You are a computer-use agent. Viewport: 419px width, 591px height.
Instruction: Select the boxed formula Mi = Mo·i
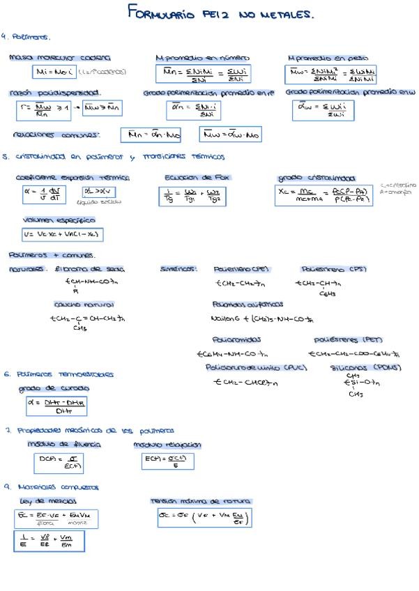point(54,72)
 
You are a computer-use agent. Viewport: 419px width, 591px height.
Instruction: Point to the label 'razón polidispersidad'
point(55,93)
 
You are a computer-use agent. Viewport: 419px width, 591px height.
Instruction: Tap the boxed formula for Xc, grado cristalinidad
point(323,195)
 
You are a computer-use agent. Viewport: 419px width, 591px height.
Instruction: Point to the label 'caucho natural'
point(84,305)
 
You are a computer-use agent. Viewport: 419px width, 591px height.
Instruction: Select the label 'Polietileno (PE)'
point(241,269)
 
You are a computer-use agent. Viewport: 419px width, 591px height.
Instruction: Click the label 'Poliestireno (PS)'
point(333,269)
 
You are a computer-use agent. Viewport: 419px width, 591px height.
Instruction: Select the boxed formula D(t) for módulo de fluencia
point(58,463)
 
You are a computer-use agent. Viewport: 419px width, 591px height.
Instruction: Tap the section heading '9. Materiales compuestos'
point(52,486)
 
